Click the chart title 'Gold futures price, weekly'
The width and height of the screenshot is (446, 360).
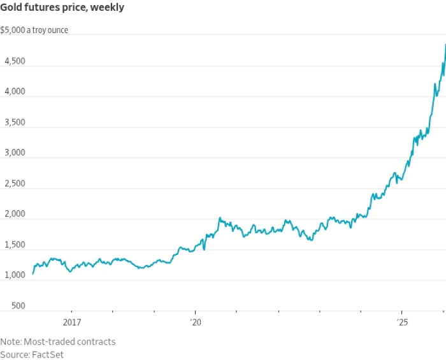click(x=62, y=8)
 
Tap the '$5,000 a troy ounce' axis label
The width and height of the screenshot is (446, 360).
click(x=34, y=30)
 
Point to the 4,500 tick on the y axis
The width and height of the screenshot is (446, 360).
click(x=12, y=61)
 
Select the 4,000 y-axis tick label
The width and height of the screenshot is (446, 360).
click(x=12, y=92)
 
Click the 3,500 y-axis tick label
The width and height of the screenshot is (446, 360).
click(x=12, y=122)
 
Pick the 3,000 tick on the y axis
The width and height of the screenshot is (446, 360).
click(x=12, y=153)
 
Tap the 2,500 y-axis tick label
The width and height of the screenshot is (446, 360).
click(x=12, y=184)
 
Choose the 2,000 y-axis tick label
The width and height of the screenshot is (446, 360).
click(x=12, y=214)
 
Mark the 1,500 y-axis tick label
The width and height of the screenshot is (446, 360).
click(x=12, y=245)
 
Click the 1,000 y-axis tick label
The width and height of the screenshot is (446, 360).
click(x=12, y=275)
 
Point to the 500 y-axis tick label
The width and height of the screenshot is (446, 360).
click(x=17, y=306)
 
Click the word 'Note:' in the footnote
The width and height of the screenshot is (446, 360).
click(x=11, y=342)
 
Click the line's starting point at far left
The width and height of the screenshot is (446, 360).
click(x=33, y=274)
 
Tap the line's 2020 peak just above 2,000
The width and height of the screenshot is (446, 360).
click(x=220, y=218)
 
